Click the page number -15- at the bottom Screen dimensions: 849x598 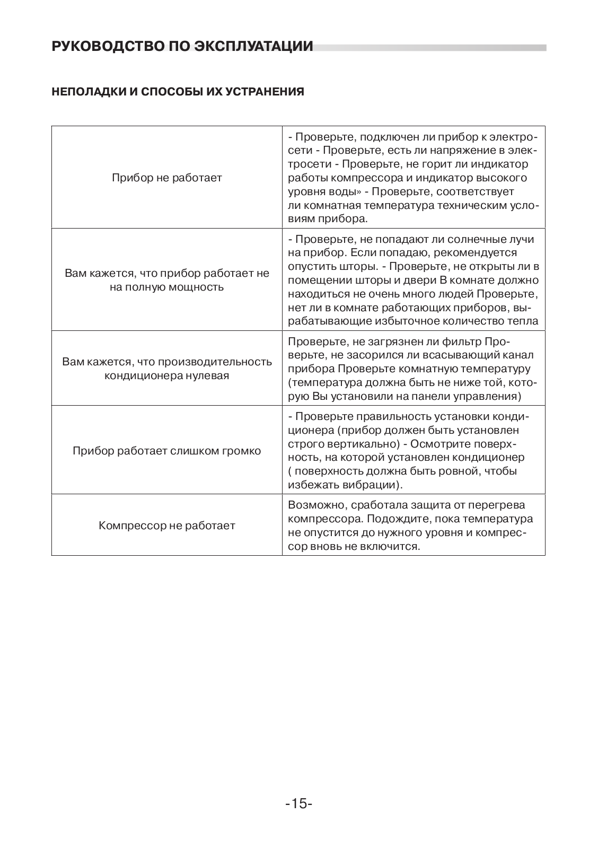click(x=298, y=804)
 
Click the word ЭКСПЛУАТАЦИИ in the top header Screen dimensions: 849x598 click(x=253, y=47)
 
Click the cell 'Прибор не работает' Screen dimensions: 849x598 click(x=166, y=178)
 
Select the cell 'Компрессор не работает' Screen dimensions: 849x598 click(x=166, y=526)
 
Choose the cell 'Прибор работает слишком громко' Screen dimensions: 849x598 click(x=166, y=451)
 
